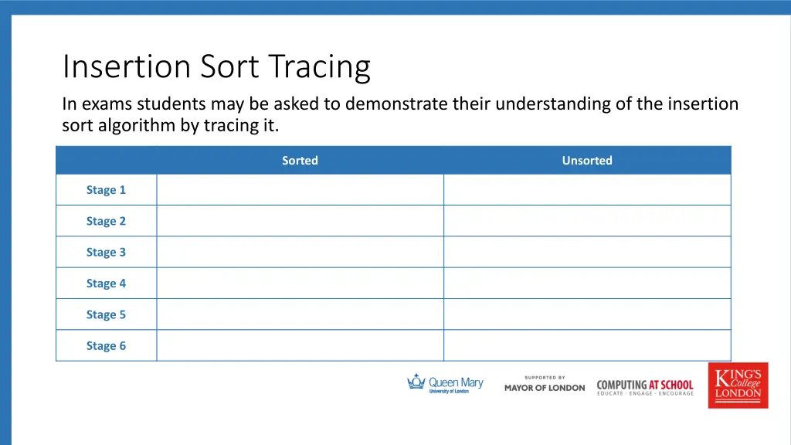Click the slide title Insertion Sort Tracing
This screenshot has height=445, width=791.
[216, 67]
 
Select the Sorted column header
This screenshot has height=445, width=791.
[300, 161]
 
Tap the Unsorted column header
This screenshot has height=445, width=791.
[587, 161]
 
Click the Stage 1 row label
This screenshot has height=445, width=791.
[106, 190]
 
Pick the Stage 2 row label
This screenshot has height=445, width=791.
[106, 221]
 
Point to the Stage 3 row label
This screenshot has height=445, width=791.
[106, 253]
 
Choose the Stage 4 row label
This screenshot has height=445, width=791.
[106, 284]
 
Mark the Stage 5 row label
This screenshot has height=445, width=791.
[106, 314]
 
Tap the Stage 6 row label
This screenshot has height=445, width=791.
[106, 346]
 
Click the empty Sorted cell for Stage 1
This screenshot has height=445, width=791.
[300, 190]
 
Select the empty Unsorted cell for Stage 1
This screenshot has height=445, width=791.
[587, 190]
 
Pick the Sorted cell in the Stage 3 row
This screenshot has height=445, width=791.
[300, 253]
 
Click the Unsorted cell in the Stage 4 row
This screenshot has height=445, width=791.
[587, 284]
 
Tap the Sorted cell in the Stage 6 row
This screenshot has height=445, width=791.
[300, 346]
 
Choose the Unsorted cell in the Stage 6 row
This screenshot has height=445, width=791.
[587, 346]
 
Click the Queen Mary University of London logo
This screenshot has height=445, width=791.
[445, 384]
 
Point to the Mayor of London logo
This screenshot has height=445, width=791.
[545, 384]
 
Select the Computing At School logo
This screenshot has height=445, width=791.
[645, 386]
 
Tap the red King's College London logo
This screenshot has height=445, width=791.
[738, 385]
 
